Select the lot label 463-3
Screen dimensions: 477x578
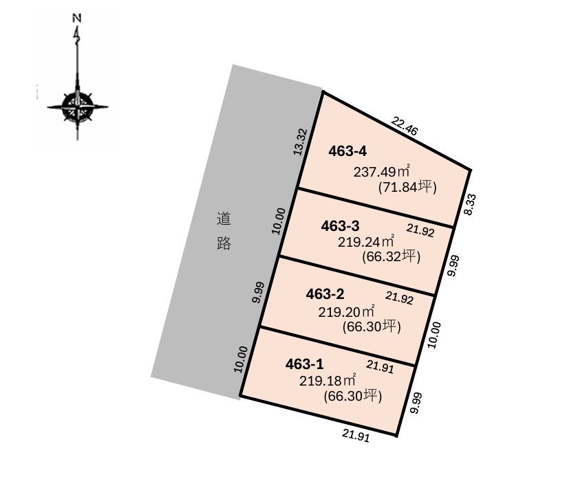click(341, 225)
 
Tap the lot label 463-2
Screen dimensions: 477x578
click(324, 294)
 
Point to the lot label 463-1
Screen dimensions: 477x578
click(304, 364)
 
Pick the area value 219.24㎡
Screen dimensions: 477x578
click(367, 242)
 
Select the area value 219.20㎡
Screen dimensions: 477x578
click(347, 311)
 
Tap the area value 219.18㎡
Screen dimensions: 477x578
click(328, 379)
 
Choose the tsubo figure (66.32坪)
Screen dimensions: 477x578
click(390, 257)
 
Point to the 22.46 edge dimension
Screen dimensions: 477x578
click(405, 126)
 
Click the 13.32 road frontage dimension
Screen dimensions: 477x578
click(299, 142)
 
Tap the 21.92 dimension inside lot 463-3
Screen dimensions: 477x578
click(420, 231)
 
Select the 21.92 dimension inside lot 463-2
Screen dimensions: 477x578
click(399, 298)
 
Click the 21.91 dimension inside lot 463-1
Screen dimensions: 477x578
click(380, 367)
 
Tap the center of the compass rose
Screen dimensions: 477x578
click(77, 107)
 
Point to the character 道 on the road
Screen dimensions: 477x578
click(223, 220)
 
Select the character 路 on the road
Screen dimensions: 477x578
click(223, 243)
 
